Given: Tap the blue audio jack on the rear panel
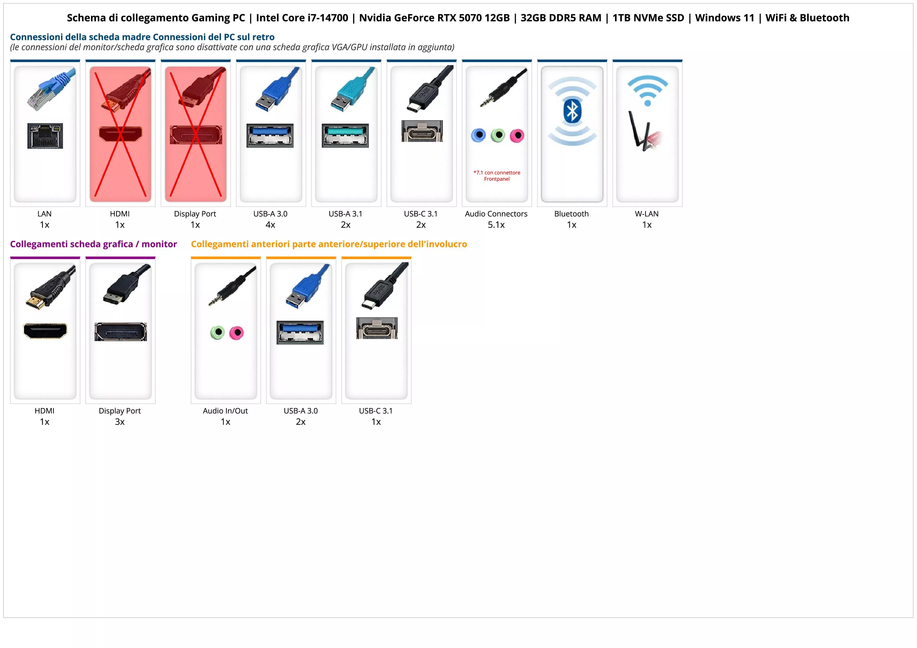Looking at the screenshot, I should coord(478,135).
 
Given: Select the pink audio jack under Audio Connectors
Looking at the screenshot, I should coord(517,136).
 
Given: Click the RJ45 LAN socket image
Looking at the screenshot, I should coord(45,136).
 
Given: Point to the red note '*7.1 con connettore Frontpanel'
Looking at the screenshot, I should coord(497,176).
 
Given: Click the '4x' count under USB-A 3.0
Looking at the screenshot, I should coord(270,225).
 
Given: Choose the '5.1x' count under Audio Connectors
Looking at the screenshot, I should coord(496,225).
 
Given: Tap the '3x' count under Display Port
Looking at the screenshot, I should coord(120,422).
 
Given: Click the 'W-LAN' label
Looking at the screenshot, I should coord(647,214).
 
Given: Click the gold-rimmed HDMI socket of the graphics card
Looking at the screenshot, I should coord(45,331).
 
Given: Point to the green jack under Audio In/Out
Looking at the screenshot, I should coord(217,332).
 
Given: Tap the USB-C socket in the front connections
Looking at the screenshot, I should coord(377,328).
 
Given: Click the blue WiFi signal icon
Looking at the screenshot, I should coord(647,90).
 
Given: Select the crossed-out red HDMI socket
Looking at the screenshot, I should coord(120,134).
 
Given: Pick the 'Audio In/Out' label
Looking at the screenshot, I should coord(225,411).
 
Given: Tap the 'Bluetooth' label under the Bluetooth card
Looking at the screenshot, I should coord(571,214).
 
